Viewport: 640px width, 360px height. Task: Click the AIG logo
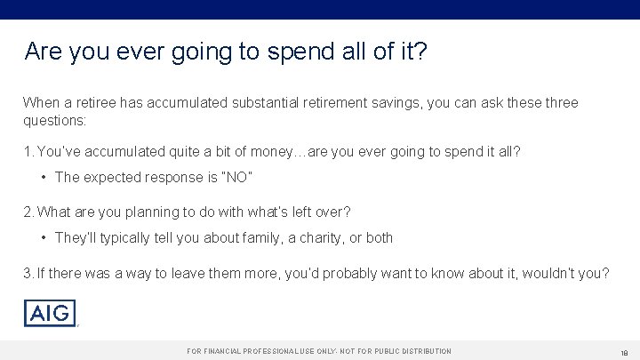50,314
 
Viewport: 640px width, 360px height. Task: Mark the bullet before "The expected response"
44,177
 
